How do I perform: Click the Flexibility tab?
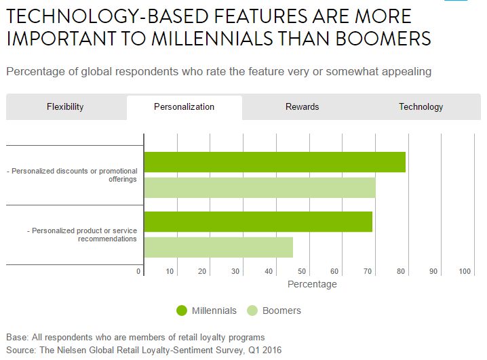pos(65,107)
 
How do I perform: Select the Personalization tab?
pos(184,107)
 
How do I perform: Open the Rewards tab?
pos(302,107)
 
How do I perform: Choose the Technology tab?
pos(421,107)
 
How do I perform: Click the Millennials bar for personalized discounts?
pos(275,162)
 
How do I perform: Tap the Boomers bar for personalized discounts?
pos(260,188)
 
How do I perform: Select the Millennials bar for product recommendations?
pos(258,222)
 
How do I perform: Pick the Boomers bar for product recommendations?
pos(218,247)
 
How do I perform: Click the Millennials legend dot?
pos(181,311)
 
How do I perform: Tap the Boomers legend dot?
pos(252,311)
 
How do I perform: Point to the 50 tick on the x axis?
pos(302,272)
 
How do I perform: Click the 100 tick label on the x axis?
pos(465,272)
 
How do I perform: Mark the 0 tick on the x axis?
pos(139,272)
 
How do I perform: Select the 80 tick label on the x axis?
pos(400,272)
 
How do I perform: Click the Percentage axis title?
pos(312,285)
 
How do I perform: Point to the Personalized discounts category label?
pos(75,175)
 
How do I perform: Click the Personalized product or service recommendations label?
pos(81,235)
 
